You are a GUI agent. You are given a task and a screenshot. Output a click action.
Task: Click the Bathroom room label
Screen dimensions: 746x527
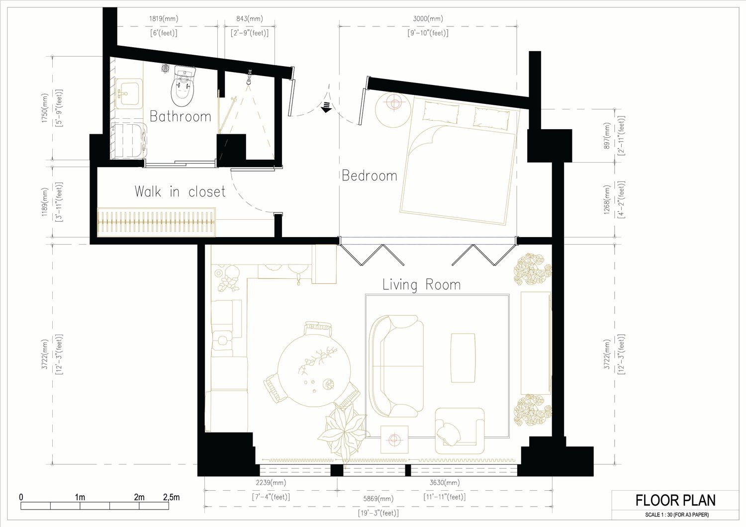pos(180,116)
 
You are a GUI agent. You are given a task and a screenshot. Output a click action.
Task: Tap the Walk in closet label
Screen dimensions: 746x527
pos(180,191)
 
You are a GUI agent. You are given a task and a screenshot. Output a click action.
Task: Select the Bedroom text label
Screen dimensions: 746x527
pos(370,176)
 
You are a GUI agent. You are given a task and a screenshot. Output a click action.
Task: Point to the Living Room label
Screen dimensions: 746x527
pos(421,285)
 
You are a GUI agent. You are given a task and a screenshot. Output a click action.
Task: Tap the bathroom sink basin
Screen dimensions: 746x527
pos(128,93)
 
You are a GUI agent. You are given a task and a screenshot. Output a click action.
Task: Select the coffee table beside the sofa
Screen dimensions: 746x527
pos(463,358)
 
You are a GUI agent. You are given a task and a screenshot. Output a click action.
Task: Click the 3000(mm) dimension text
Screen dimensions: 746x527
pos(428,18)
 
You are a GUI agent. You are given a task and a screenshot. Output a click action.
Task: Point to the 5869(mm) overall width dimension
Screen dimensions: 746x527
pos(378,499)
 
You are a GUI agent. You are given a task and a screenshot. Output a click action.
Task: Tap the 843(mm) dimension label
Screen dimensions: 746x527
pos(250,18)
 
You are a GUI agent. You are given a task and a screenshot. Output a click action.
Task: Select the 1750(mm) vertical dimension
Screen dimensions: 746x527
pos(45,108)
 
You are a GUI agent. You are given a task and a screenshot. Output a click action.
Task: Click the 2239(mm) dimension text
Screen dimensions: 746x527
pos(271,482)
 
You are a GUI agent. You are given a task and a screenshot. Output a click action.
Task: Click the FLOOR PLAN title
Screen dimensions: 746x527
pos(676,500)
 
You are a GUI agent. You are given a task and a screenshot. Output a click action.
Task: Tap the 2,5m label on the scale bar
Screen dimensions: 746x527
pos(171,497)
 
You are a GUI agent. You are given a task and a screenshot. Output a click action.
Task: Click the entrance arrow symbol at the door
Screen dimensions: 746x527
pos(326,107)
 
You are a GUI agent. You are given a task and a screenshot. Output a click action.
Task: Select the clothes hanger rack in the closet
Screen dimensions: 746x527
pos(156,222)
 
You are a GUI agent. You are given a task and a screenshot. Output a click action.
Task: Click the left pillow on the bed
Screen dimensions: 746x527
pos(441,113)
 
